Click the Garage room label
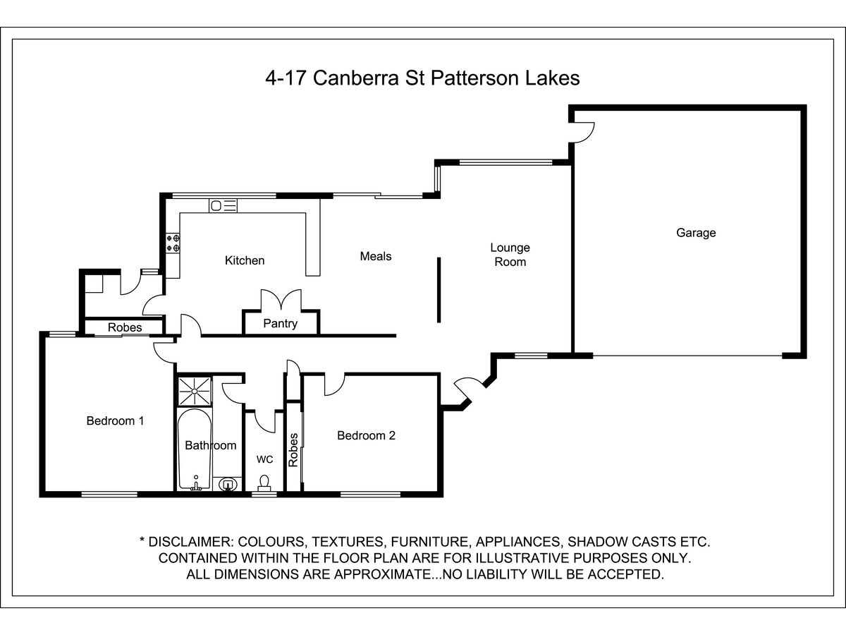point(696,233)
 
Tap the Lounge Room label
point(510,255)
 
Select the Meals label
point(375,256)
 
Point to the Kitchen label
point(245,260)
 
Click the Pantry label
point(280,323)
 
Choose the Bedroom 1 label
point(115,421)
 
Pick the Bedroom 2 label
point(366,435)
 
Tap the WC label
point(265,459)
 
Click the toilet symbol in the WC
point(264,483)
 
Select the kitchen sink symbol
point(223,206)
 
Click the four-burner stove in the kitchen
point(173,243)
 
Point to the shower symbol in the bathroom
point(195,392)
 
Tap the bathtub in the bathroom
point(195,449)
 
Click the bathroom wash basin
point(228,484)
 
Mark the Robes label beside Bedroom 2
point(293,450)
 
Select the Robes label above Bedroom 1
point(125,327)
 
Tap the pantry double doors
point(281,301)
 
